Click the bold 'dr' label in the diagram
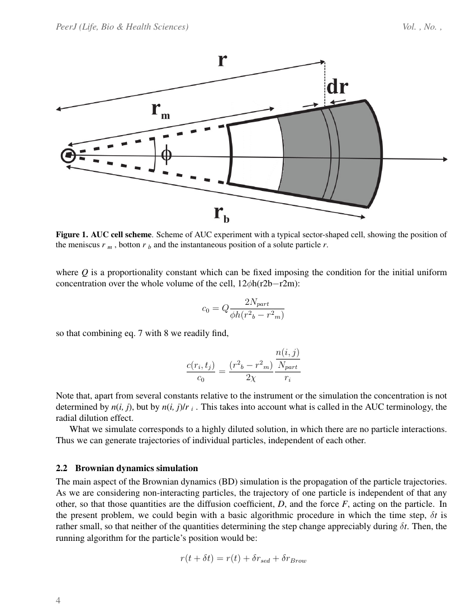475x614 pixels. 337,88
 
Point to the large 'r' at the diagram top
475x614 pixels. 222,59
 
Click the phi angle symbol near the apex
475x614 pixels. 166,155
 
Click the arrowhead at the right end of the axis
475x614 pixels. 445,159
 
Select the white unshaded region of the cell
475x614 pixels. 254,154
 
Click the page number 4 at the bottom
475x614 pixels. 58,601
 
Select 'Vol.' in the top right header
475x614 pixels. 410,27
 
